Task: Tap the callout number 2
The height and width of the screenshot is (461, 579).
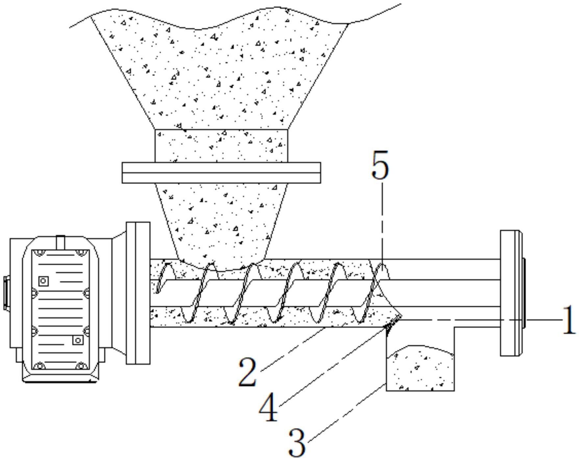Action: click(247, 372)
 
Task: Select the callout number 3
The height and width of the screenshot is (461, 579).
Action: click(297, 442)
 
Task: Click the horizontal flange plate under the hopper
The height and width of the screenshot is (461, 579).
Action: click(221, 172)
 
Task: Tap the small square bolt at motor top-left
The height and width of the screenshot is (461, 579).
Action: click(43, 281)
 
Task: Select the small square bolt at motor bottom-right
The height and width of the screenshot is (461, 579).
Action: click(78, 340)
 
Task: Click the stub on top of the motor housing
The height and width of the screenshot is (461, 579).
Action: click(60, 243)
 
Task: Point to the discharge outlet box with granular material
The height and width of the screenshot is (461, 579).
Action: click(420, 368)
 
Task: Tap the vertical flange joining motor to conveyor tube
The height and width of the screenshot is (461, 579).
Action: click(138, 293)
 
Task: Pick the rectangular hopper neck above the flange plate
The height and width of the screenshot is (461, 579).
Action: click(221, 146)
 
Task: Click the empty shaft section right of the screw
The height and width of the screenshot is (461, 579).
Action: click(444, 293)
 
